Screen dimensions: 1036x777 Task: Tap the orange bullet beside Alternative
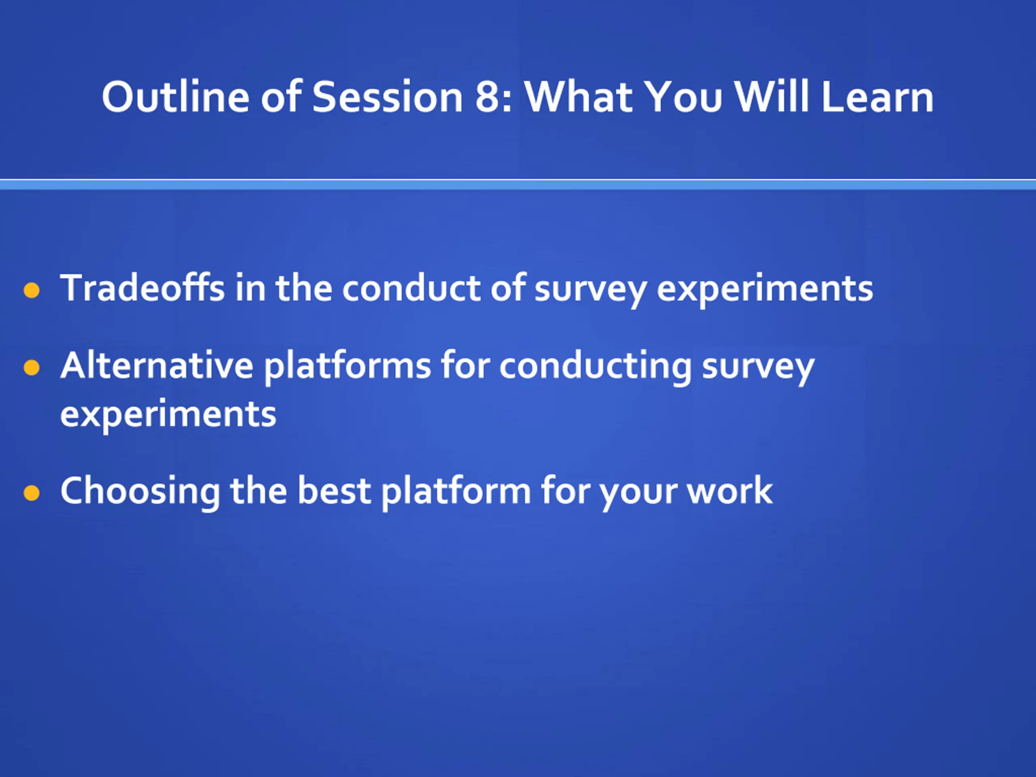[x=32, y=367]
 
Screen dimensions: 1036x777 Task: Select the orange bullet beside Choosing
[x=32, y=493]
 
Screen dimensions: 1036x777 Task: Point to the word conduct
[x=411, y=288]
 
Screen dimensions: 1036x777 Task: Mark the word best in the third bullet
[x=334, y=490]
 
